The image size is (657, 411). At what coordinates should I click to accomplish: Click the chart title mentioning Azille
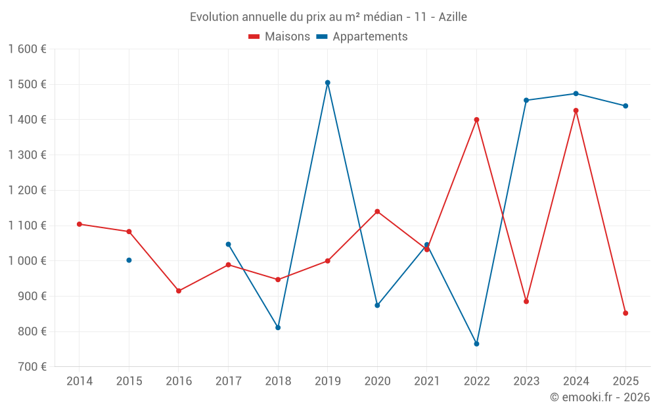click(x=328, y=17)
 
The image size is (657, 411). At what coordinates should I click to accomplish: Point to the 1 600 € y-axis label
click(x=28, y=49)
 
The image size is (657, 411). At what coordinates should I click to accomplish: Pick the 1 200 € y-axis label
click(x=28, y=191)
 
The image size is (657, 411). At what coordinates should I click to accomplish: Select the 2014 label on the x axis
click(x=79, y=381)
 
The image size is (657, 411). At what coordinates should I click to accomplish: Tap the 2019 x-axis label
click(x=328, y=381)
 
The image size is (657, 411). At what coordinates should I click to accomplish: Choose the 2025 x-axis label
click(x=625, y=381)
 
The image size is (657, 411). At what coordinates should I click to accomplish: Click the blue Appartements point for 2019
click(x=328, y=83)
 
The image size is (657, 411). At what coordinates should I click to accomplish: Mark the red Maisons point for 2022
click(x=477, y=120)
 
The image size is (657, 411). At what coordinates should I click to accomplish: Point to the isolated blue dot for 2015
click(x=129, y=260)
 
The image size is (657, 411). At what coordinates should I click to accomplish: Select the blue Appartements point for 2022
click(x=477, y=344)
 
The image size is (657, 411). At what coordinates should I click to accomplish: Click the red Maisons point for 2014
click(x=79, y=224)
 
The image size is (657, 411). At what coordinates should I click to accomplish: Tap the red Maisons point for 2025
click(x=625, y=313)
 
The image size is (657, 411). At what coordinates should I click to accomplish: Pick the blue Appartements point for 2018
click(x=278, y=327)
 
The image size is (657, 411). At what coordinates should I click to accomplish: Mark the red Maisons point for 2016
click(x=179, y=291)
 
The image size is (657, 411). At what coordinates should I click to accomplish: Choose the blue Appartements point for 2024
click(x=576, y=93)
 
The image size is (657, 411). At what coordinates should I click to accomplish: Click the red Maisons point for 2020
click(x=377, y=212)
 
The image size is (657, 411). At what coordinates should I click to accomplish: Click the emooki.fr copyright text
click(x=600, y=397)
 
